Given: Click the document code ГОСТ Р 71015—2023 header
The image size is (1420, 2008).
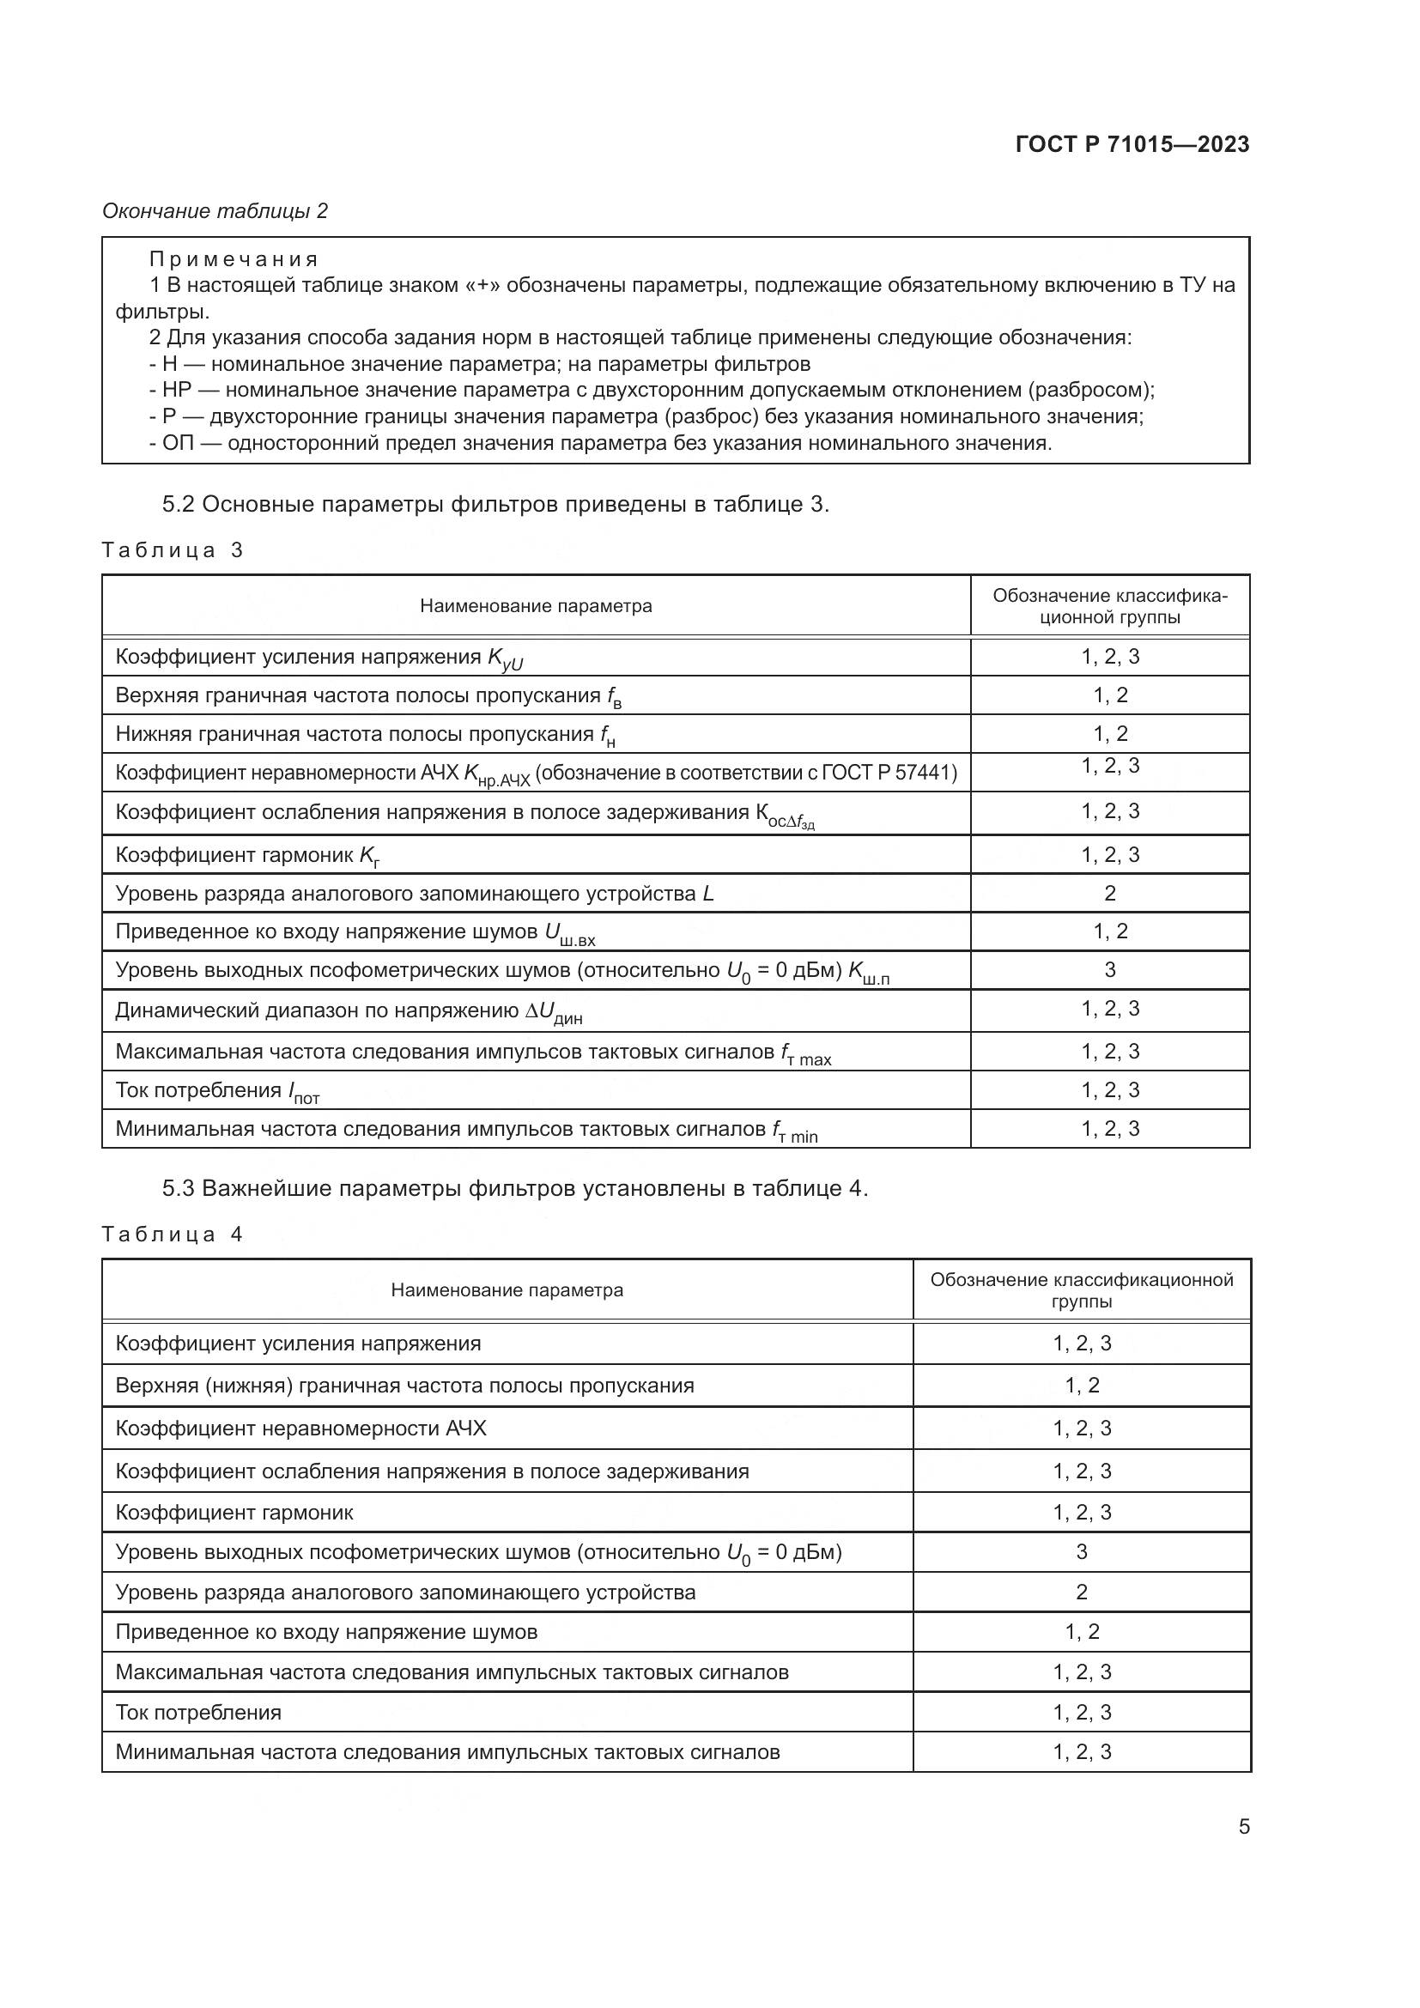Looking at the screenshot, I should pos(1132,144).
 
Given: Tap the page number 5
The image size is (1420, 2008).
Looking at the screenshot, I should pos(1243,1826).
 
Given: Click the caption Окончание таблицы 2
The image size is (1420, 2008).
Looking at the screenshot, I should pos(215,211).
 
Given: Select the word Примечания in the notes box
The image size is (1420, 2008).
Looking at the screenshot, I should pos(234,259).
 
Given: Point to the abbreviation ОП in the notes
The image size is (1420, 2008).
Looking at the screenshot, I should pos(178,442).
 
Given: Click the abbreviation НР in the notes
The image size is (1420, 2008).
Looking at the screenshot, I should pos(177,390).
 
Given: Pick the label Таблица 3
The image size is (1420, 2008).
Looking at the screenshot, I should pos(173,550).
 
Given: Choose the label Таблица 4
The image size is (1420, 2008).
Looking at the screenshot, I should pos(173,1234).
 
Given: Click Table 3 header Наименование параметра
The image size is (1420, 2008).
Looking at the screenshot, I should pos(535,606).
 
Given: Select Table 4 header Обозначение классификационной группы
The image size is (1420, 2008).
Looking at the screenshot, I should pos(1081,1290).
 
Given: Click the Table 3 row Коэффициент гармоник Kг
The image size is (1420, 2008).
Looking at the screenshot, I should pos(247,855).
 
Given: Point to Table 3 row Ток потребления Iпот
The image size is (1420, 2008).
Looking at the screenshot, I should pos(217,1090).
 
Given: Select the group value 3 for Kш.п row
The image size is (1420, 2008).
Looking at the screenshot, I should pos(1109,970).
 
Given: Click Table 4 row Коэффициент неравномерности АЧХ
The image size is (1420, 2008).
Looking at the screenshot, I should pos(300,1429).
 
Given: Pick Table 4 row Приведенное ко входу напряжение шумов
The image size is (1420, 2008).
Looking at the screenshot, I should pos(326,1632).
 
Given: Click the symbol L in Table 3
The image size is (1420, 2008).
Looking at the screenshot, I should pos(707,894).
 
